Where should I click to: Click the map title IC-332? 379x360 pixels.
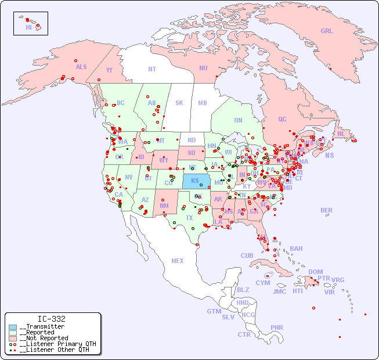51,319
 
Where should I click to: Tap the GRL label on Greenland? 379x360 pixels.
327,31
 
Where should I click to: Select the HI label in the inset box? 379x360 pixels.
28,27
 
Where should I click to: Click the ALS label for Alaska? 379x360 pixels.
81,67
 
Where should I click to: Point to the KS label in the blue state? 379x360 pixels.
195,181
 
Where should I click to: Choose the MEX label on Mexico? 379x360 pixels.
178,261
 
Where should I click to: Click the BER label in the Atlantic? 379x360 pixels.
327,210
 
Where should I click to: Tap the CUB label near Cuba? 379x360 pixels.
247,255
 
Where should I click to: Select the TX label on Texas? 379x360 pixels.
189,218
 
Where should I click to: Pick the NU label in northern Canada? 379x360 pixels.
203,68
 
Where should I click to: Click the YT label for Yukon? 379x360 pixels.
109,70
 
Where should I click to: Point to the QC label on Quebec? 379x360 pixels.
282,119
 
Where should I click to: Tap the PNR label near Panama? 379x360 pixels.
277,327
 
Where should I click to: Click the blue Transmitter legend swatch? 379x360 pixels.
13,327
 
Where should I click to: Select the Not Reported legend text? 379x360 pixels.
44,338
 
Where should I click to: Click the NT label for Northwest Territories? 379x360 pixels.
152,69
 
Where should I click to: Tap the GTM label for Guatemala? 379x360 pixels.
214,311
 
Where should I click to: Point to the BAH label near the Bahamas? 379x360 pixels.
296,249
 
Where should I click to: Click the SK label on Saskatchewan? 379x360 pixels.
179,103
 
